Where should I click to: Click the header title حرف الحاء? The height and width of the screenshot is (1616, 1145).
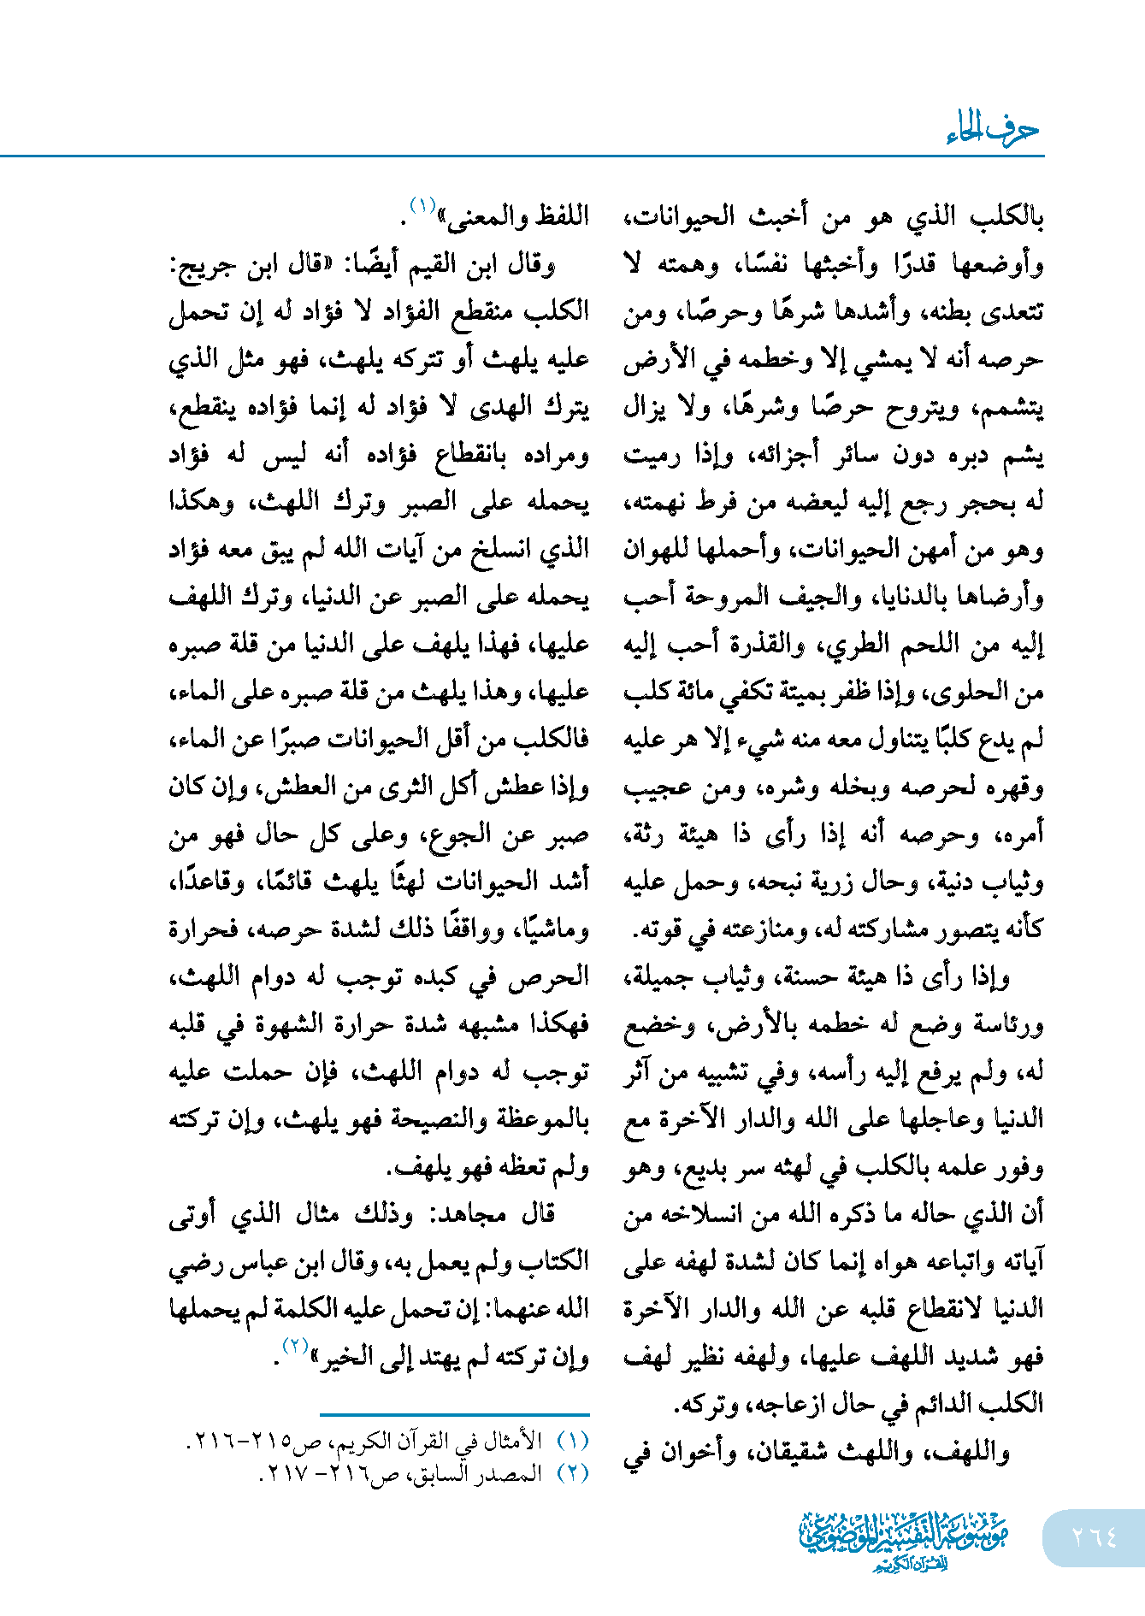[x=992, y=131]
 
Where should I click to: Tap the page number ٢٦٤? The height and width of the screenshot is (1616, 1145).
[x=1094, y=1538]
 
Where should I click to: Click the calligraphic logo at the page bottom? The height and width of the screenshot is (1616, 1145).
[x=904, y=1540]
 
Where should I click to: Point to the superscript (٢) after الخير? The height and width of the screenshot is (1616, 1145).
[x=294, y=1346]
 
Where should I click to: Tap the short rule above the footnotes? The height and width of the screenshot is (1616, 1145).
[x=454, y=1415]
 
